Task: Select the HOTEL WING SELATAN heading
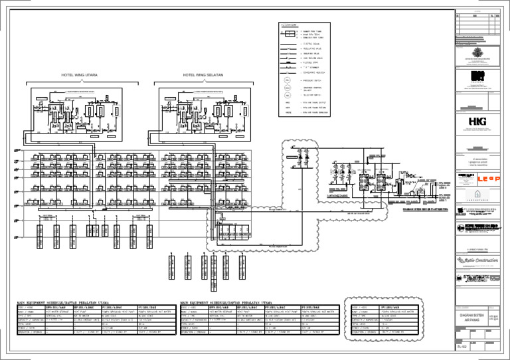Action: (201, 75)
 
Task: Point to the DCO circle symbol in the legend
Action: (288, 88)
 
